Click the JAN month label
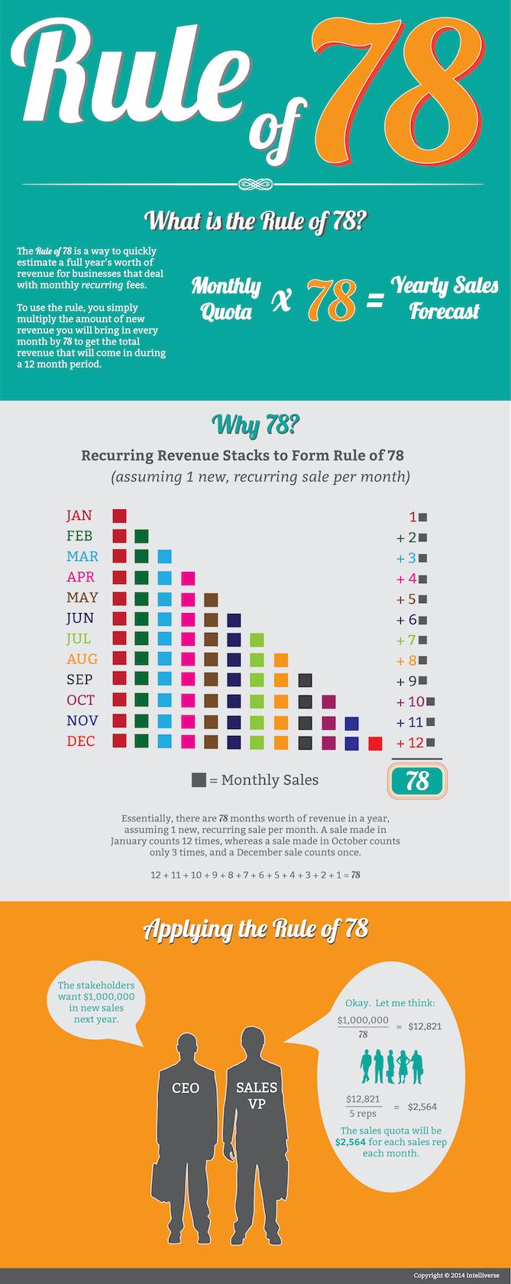pos(79,516)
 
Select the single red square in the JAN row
pos(119,516)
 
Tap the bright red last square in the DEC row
pos(375,743)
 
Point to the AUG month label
pos(82,659)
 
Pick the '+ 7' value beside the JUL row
pos(406,640)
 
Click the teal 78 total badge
pos(417,780)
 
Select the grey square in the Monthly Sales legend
pos(199,780)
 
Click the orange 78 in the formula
pos(332,299)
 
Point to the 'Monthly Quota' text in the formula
pos(226,298)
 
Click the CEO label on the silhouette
pos(186,1088)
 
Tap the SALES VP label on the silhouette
pos(256,1095)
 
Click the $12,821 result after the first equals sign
pos(425,1026)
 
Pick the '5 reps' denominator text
pos(363,1114)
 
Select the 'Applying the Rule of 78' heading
pos(255,929)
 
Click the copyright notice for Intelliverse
pos(455,1275)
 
